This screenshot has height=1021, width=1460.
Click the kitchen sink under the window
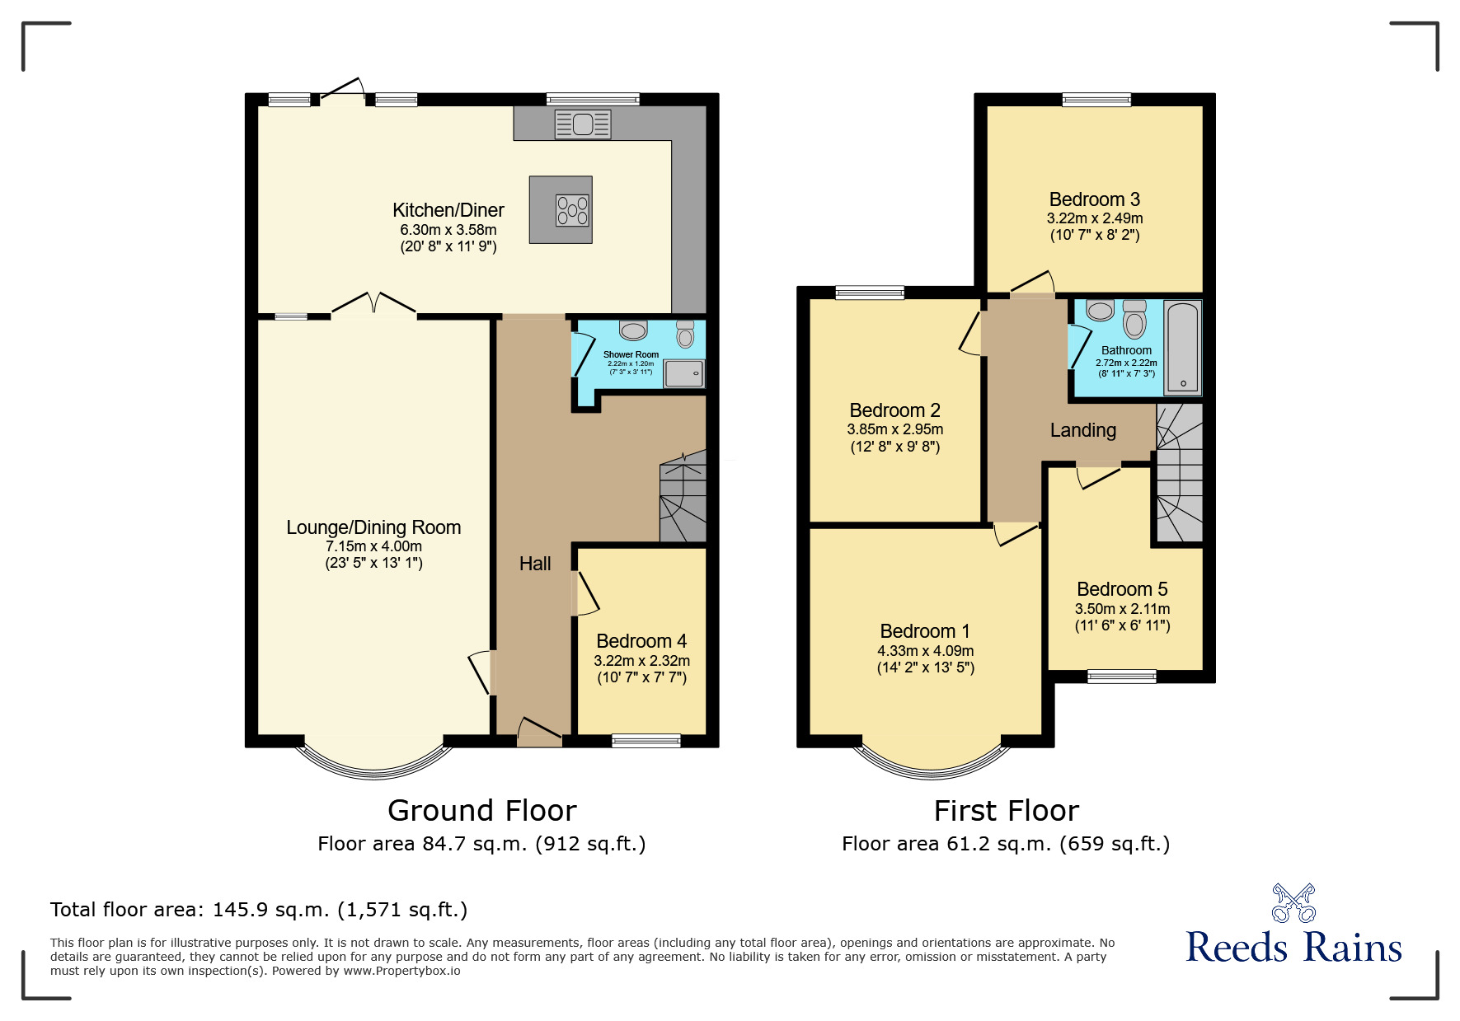pyautogui.click(x=583, y=124)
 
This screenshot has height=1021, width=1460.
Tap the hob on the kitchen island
pyautogui.click(x=572, y=209)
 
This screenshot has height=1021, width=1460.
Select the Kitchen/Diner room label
pyautogui.click(x=448, y=210)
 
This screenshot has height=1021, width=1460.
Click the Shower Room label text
pyautogui.click(x=631, y=354)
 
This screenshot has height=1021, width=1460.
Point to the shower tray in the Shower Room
pyautogui.click(x=684, y=374)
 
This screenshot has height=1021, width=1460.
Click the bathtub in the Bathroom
pyautogui.click(x=1183, y=348)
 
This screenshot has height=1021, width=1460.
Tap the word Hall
pyautogui.click(x=535, y=564)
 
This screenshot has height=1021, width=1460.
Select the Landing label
pyautogui.click(x=1083, y=430)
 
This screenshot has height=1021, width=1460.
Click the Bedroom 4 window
pyautogui.click(x=646, y=741)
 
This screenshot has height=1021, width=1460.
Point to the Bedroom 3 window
pyautogui.click(x=1096, y=100)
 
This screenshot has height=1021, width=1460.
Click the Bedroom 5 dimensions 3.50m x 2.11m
pyautogui.click(x=1122, y=609)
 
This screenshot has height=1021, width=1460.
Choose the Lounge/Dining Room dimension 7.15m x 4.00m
pyautogui.click(x=373, y=546)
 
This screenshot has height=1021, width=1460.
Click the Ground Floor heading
pyautogui.click(x=482, y=811)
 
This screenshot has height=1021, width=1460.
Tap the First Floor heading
pyautogui.click(x=1007, y=811)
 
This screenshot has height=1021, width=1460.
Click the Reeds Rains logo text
pyautogui.click(x=1293, y=948)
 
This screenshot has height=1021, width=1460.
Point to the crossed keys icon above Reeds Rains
pyautogui.click(x=1293, y=903)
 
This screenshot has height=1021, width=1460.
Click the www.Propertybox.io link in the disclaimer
pyautogui.click(x=401, y=971)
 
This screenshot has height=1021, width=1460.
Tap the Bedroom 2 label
pyautogui.click(x=894, y=410)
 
